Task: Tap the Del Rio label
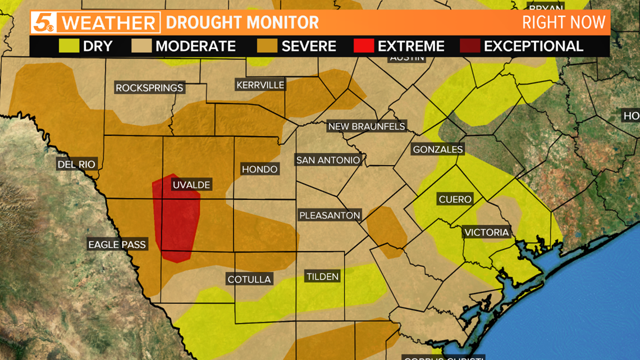[77, 165]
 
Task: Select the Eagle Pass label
[117, 244]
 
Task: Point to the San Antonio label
[328, 160]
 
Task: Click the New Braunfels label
[367, 126]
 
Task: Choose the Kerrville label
[260, 85]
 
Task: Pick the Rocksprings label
[149, 88]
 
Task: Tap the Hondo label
[259, 169]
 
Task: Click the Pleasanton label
[330, 216]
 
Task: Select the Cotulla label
[249, 279]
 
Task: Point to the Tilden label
[322, 276]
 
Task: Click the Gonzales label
[437, 149]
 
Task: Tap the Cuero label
[455, 199]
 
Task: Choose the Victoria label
[486, 233]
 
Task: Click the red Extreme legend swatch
[363, 45]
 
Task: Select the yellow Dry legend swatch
[69, 45]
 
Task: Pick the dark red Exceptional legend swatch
[469, 45]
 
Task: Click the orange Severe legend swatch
[267, 45]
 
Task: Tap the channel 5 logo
[43, 23]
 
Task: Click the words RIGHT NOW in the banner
[564, 22]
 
